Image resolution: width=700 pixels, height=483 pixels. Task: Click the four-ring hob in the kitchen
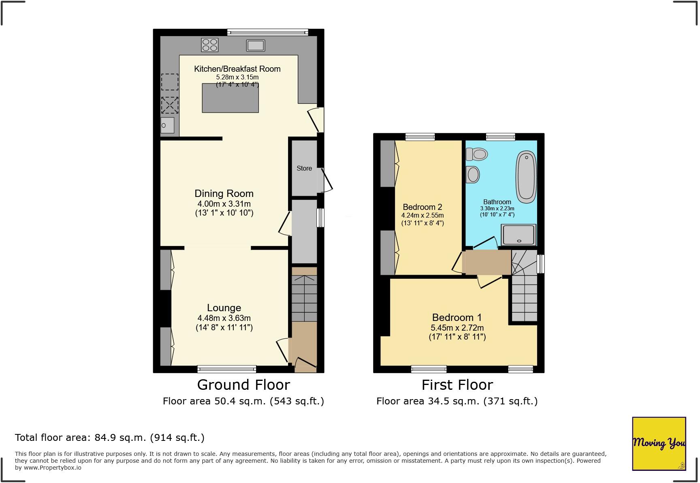(209, 45)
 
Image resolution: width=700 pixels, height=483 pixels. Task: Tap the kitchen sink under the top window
(255, 45)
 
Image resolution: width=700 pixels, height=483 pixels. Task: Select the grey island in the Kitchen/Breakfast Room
(230, 98)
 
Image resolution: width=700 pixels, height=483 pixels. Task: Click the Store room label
(304, 168)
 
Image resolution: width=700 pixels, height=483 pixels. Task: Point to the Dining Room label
(224, 194)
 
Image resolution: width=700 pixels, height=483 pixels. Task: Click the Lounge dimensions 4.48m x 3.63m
(224, 318)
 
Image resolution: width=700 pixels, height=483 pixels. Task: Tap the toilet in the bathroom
(476, 154)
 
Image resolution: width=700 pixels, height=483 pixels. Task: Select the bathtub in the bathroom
(526, 177)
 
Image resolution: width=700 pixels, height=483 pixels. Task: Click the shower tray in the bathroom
(519, 235)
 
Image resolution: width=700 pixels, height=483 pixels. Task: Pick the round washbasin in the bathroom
(473, 175)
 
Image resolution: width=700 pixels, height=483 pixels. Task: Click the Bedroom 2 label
(422, 207)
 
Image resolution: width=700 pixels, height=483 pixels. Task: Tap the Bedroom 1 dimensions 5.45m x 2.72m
(457, 327)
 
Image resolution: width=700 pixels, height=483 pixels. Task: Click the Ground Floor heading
(243, 385)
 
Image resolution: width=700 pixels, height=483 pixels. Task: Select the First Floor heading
(457, 385)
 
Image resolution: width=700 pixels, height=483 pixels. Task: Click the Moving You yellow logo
(659, 443)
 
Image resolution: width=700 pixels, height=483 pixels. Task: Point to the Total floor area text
(109, 438)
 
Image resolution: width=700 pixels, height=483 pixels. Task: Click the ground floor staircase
(304, 298)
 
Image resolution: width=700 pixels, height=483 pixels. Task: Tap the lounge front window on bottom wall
(227, 369)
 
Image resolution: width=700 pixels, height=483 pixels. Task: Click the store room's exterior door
(327, 181)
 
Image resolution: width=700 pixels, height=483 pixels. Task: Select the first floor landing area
(488, 262)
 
